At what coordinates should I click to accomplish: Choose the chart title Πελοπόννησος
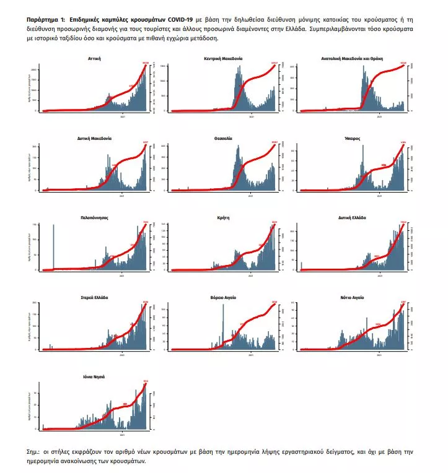(x=95, y=218)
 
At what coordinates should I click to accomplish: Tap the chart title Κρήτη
(x=223, y=218)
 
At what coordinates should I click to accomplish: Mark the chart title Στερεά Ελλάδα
(x=95, y=298)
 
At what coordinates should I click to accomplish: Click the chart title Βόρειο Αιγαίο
(x=223, y=298)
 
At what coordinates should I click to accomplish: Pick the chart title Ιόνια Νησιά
(x=95, y=378)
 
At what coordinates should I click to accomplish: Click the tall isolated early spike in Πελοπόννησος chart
(x=54, y=248)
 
